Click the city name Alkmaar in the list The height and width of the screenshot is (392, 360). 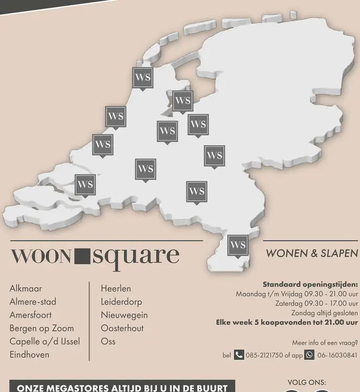[x=26, y=289]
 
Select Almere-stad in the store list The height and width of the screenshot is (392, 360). [x=32, y=302]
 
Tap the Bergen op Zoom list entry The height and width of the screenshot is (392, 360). [x=41, y=328]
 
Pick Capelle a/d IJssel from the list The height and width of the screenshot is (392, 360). [x=44, y=341]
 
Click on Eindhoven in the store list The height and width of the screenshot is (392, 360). [x=29, y=354]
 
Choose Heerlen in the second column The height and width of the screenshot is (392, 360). [x=116, y=289]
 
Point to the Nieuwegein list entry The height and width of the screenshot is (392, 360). [x=124, y=315]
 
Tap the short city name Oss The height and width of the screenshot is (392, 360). [x=108, y=341]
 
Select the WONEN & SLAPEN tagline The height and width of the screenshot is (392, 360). [x=312, y=253]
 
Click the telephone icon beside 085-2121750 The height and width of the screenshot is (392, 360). [x=239, y=355]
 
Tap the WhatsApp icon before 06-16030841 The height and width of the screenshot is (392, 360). [x=309, y=355]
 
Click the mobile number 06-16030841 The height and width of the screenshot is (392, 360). [x=337, y=355]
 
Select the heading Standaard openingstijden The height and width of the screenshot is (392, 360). [x=310, y=285]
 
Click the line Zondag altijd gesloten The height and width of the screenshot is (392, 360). [x=324, y=313]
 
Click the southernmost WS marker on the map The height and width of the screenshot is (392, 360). [x=238, y=245]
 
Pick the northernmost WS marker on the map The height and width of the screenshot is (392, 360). [x=143, y=78]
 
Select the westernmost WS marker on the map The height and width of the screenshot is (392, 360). [x=85, y=185]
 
